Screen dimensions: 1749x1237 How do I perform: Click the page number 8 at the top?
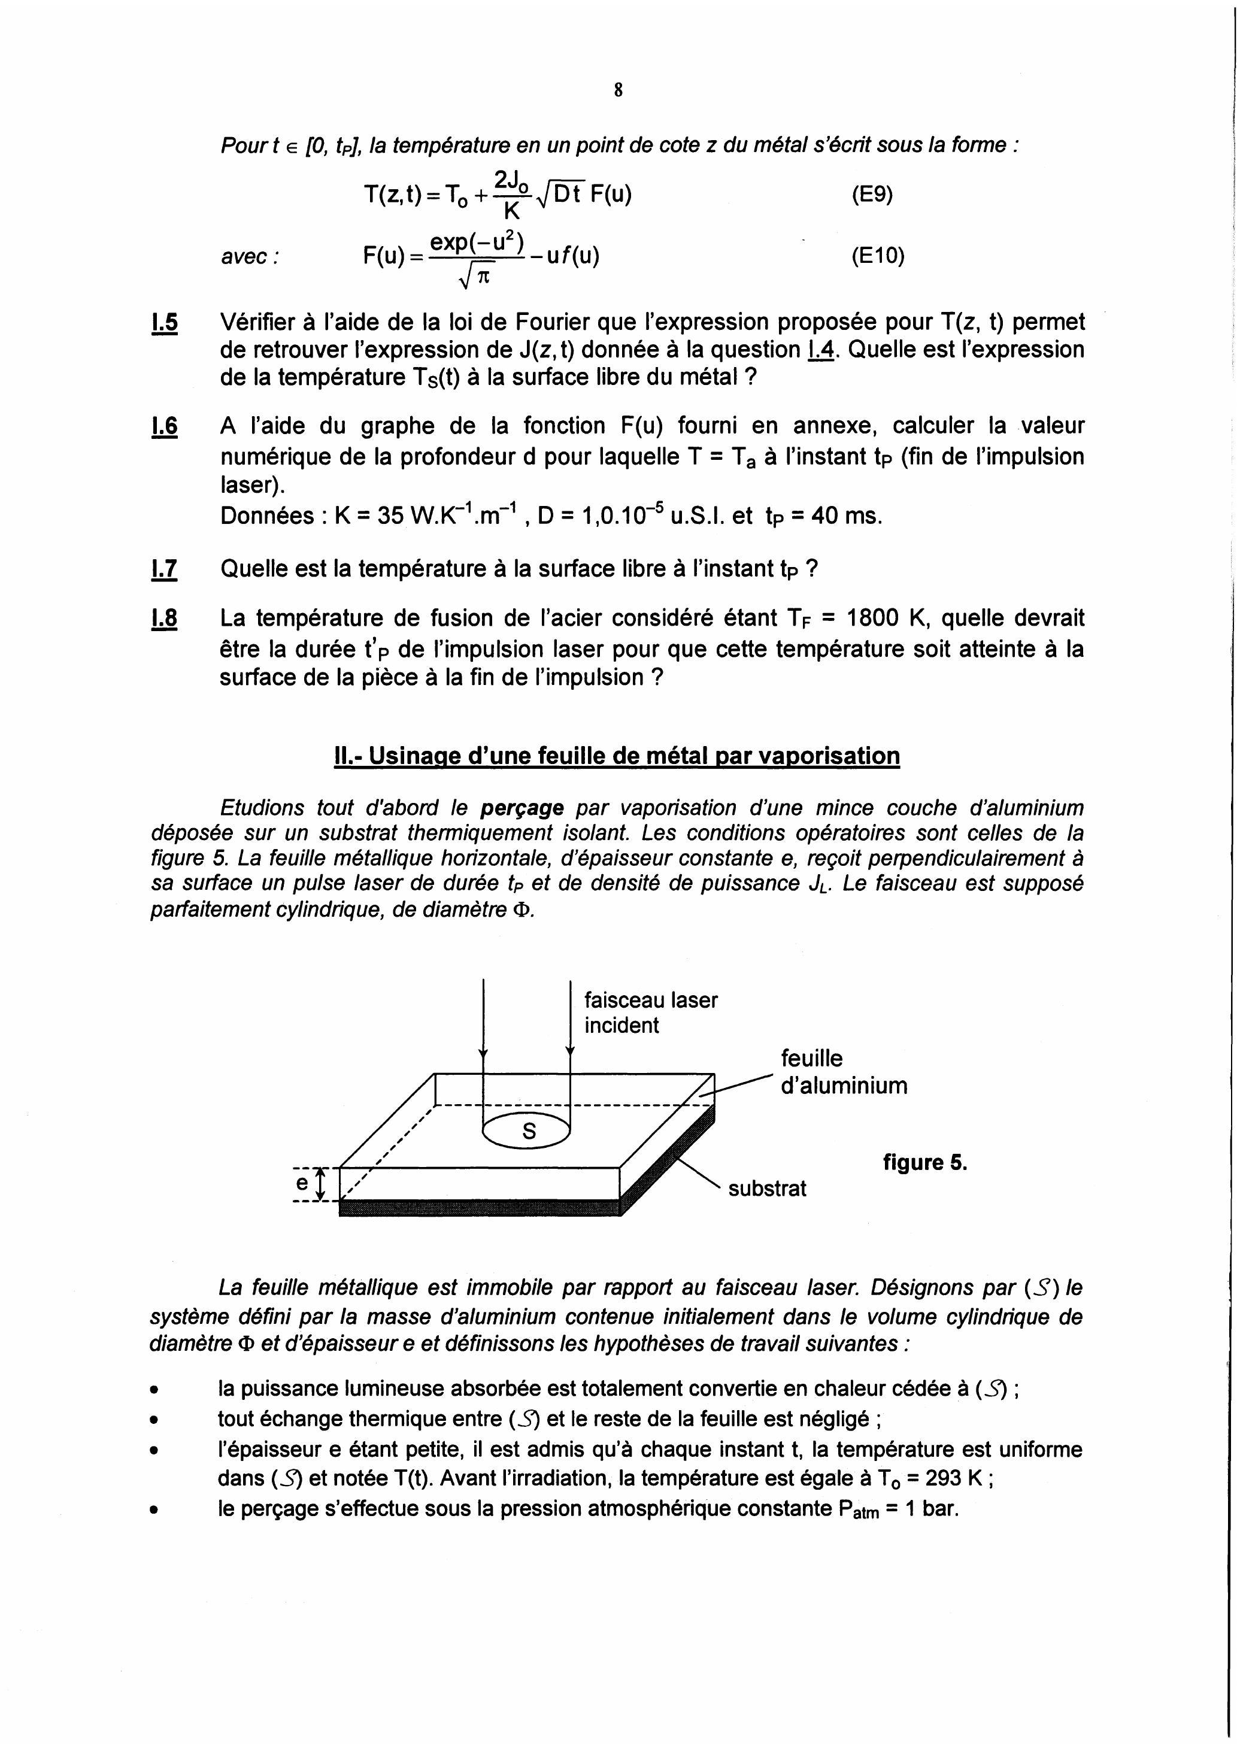click(x=618, y=90)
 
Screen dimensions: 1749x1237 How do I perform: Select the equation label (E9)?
click(x=872, y=195)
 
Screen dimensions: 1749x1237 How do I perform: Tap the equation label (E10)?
click(x=878, y=257)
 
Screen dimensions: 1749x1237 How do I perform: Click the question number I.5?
click(x=165, y=323)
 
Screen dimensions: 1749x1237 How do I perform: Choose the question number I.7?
click(x=165, y=569)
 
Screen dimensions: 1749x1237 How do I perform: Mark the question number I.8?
click(x=165, y=619)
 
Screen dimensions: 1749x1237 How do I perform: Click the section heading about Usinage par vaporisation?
click(x=617, y=756)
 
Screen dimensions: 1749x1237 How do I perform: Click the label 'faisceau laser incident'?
click(x=650, y=1013)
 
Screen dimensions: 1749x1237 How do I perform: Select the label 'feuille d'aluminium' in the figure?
click(x=843, y=1071)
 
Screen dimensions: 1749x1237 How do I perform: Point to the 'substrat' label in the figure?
click(x=767, y=1189)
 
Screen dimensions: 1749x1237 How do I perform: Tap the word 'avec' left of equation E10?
click(x=249, y=257)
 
